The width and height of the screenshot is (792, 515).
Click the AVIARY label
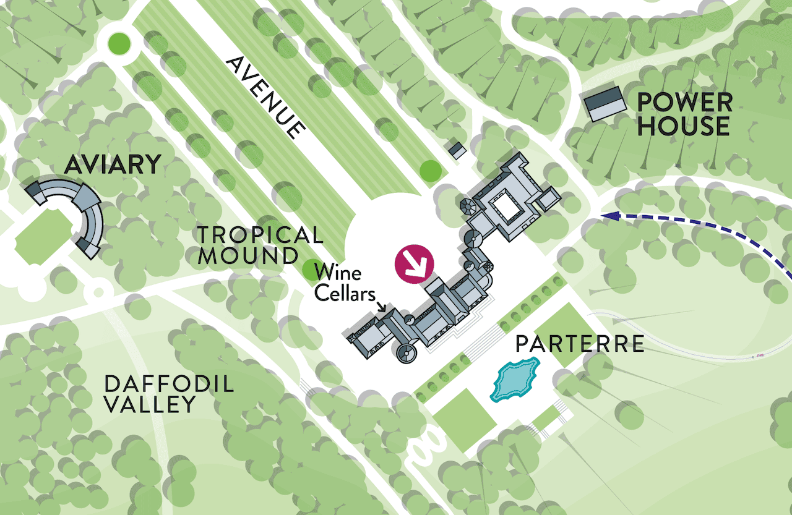[x=112, y=165]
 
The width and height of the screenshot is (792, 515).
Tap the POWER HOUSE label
[x=684, y=114]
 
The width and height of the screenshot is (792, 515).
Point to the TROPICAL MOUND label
[x=260, y=245]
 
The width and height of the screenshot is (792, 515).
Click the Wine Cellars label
[x=337, y=283]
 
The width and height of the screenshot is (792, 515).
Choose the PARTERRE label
[x=580, y=344]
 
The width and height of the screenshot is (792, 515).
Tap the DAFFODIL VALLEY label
[x=169, y=394]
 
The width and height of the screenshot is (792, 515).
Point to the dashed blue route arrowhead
[x=611, y=216]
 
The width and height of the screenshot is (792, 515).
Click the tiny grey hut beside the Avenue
[x=457, y=150]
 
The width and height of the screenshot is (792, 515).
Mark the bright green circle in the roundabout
[x=119, y=43]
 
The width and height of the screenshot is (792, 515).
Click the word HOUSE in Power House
[x=684, y=126]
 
